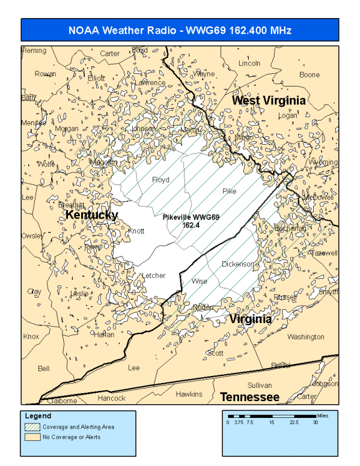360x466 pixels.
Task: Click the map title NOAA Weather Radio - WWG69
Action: (180, 30)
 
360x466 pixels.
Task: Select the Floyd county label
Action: (160, 180)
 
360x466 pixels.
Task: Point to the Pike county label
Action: (230, 191)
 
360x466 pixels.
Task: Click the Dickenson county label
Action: (238, 264)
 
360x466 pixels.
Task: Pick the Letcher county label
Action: (153, 276)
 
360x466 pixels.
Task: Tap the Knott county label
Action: (137, 231)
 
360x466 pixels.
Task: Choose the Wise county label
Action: (199, 281)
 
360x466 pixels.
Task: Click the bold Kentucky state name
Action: (91, 215)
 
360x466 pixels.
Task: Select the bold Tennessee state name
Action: (249, 397)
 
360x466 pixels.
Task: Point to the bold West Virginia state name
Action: (269, 100)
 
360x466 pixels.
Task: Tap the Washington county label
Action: (305, 337)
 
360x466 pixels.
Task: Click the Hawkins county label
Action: (189, 394)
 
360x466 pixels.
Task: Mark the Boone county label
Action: (310, 74)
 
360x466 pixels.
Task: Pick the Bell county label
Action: (44, 368)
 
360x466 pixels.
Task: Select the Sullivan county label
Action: (260, 385)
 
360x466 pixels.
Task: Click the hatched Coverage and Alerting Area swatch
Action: (32, 427)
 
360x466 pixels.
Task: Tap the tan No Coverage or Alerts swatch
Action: (32, 437)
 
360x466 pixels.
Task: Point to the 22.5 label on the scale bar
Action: (294, 422)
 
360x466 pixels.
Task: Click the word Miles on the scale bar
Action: (324, 415)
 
